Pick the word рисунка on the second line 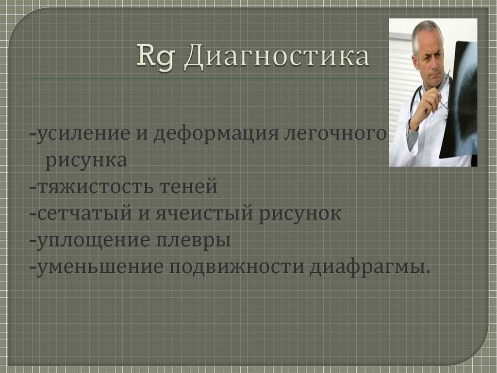click(x=86, y=160)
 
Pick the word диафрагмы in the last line click(x=369, y=267)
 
